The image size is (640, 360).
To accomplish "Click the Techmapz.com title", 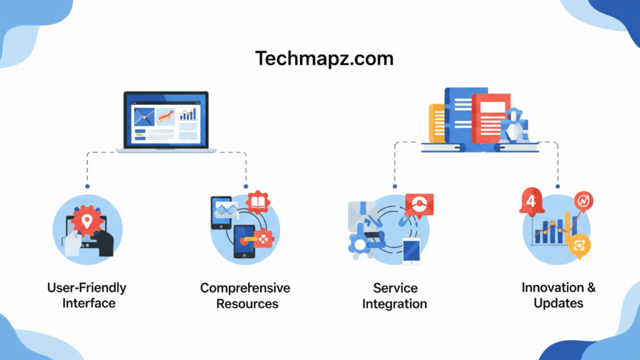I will pyautogui.click(x=324, y=59).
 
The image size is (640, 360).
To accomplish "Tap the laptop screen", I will pyautogui.click(x=166, y=119).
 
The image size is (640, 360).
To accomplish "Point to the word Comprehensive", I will pyautogui.click(x=245, y=288).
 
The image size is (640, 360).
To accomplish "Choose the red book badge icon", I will pyautogui.click(x=257, y=202).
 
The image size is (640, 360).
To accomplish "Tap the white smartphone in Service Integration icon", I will pyautogui.click(x=411, y=251).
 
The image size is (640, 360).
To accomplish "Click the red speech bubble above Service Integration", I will pyautogui.click(x=419, y=205).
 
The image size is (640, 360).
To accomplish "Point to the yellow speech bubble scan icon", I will pyautogui.click(x=579, y=246).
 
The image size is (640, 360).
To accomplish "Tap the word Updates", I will pyautogui.click(x=558, y=304).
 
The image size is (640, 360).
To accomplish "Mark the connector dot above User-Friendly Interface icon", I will pyautogui.click(x=87, y=186).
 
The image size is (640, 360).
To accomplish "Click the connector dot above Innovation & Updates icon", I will pyautogui.click(x=557, y=186).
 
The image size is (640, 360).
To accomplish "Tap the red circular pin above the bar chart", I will pyautogui.click(x=584, y=201).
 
